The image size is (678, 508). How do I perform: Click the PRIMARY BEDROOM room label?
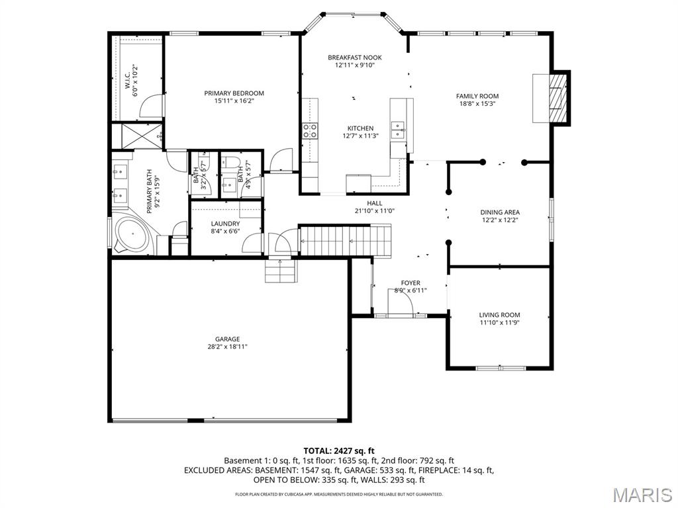coord(234,93)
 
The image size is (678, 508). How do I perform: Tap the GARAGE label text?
coord(227,339)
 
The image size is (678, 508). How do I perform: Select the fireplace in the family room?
coord(551,98)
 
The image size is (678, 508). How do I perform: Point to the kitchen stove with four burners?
coord(309,130)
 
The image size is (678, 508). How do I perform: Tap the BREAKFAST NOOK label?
coord(354,58)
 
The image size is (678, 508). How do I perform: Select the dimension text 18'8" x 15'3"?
coord(477,104)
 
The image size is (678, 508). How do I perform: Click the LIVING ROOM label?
coord(499,315)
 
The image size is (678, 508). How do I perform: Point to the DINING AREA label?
coord(499,212)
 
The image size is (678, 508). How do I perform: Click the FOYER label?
coord(411,283)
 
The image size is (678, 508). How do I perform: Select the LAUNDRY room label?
coord(225,224)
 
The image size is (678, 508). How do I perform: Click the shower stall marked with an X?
coord(138,136)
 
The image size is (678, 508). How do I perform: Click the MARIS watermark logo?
coord(642,495)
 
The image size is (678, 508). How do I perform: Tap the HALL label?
coord(375,203)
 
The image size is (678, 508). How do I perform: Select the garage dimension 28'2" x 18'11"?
coord(227,347)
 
